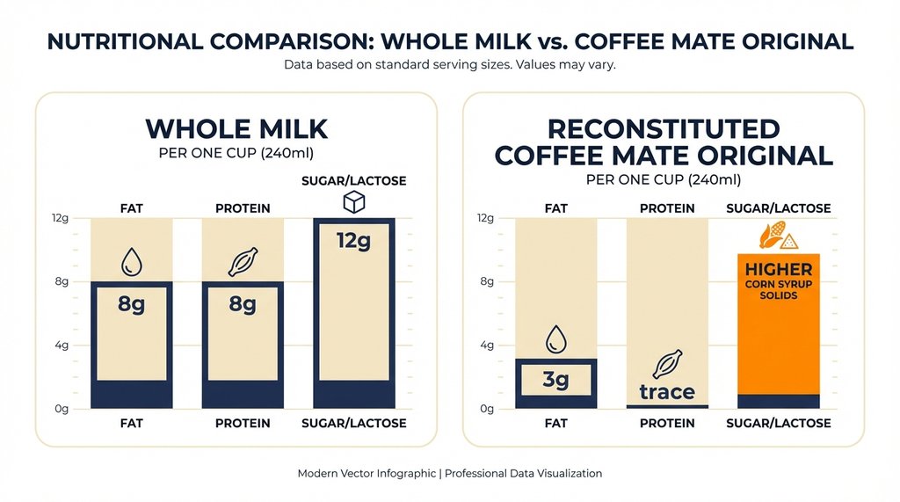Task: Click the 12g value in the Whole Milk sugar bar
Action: pos(353,239)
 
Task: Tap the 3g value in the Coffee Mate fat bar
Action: pos(555,381)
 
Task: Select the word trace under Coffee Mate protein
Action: pos(667,392)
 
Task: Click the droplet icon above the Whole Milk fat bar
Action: pos(132,261)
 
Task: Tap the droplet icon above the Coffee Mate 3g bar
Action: pos(555,338)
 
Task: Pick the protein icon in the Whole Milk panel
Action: pos(243,261)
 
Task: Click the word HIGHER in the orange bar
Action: pos(778,269)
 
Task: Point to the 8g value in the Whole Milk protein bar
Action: pos(243,304)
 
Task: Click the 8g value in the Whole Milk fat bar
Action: pos(132,304)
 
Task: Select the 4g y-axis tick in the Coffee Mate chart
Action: pos(485,346)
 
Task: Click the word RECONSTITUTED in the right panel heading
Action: pos(663,128)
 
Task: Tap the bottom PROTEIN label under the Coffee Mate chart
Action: pos(667,424)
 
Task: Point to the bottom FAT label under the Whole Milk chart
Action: pos(132,424)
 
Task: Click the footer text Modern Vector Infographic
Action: pos(367,473)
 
